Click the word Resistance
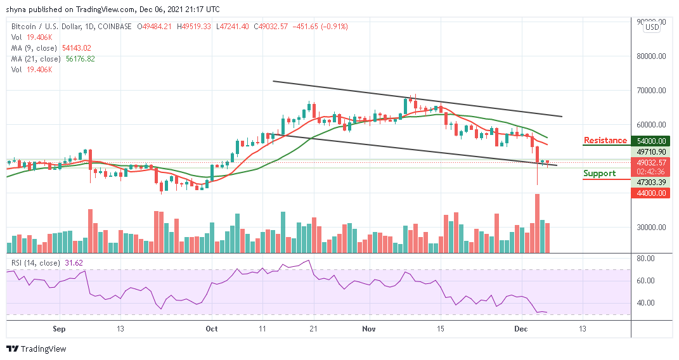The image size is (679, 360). coord(605,140)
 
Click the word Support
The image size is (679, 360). coord(600,173)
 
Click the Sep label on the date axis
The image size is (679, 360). coord(58,329)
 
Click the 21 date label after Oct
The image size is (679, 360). coord(312,329)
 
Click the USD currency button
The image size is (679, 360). coord(651,27)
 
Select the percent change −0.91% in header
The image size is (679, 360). coord(334,27)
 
